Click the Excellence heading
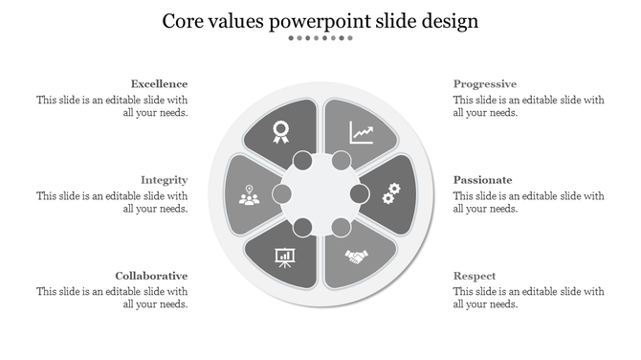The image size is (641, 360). coord(159,84)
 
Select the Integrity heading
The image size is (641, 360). coord(164,180)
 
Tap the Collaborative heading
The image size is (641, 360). coord(151,276)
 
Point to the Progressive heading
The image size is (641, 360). coord(485,84)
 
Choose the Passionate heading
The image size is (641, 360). coord(483,180)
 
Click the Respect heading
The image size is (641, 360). coord(475,276)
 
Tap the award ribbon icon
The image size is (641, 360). coord(281,131)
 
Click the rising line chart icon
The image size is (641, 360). coord(362,131)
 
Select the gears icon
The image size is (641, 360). coord(390,194)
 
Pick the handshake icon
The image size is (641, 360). coord(358,257)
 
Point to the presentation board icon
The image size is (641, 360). coord(284,257)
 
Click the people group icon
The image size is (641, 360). coord(250,195)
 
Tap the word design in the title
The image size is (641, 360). coord(446,21)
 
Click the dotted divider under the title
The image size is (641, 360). coord(320,38)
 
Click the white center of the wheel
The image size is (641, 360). coord(320,194)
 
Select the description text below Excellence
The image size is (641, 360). coord(112,105)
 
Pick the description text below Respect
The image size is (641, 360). coord(528,298)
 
